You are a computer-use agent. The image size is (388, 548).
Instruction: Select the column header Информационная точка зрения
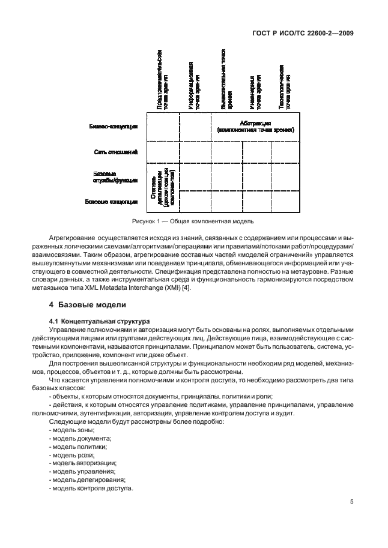(x=193, y=84)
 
